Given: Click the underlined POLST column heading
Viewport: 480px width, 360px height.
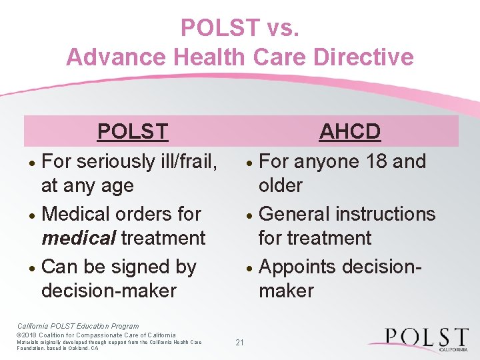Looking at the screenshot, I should [133, 131].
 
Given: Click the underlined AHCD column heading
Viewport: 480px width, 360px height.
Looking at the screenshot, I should [349, 131].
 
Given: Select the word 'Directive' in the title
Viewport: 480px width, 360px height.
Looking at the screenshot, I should [366, 57].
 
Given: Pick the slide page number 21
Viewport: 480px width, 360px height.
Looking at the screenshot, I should [240, 343].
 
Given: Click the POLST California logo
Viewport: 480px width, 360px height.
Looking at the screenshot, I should [419, 339].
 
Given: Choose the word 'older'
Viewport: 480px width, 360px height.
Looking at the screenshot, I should [281, 185].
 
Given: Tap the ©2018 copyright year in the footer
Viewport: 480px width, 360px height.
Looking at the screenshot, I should [28, 335].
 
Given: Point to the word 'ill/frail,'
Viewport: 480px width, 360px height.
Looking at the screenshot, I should [188, 162].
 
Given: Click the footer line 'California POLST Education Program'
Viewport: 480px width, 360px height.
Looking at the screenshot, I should [77, 326].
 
